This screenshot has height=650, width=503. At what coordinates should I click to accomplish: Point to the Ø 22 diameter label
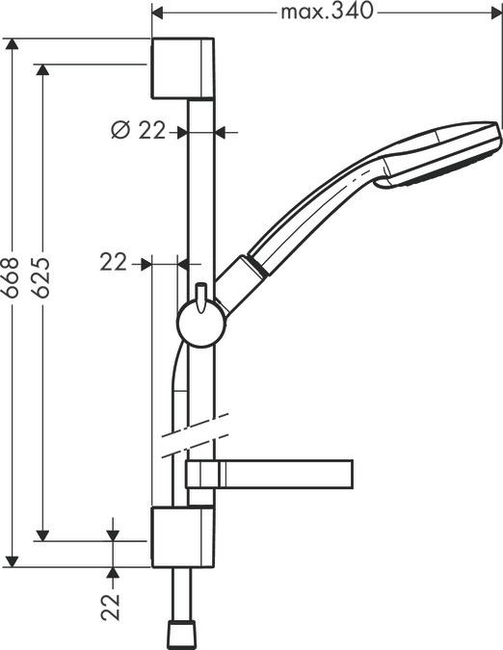(139, 131)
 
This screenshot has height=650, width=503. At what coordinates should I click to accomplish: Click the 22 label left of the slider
(114, 262)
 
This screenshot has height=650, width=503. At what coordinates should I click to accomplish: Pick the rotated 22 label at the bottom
(112, 606)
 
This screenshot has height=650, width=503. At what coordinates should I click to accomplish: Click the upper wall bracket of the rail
(182, 68)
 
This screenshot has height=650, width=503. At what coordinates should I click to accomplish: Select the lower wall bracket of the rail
(182, 538)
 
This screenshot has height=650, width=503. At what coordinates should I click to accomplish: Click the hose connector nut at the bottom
(182, 633)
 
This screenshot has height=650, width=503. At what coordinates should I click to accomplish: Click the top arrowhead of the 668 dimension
(12, 45)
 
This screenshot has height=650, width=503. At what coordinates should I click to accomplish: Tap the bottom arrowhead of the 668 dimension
(12, 560)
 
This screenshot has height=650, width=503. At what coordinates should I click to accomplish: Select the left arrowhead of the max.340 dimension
(160, 13)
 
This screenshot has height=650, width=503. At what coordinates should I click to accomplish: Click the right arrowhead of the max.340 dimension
(496, 13)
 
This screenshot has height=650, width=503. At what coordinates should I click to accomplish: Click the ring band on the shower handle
(255, 266)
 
